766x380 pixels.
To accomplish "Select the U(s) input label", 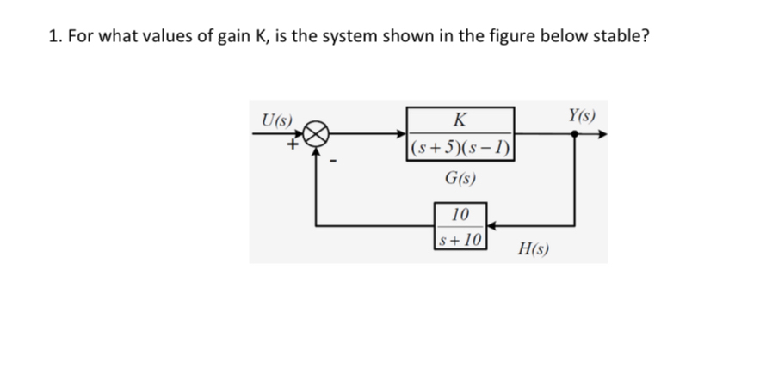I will coord(278,118).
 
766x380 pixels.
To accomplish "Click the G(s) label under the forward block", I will coord(461,180).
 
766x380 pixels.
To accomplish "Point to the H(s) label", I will coord(535,249).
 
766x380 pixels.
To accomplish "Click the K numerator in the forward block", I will coord(461,120).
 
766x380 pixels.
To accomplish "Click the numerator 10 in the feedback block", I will coord(461,213).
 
